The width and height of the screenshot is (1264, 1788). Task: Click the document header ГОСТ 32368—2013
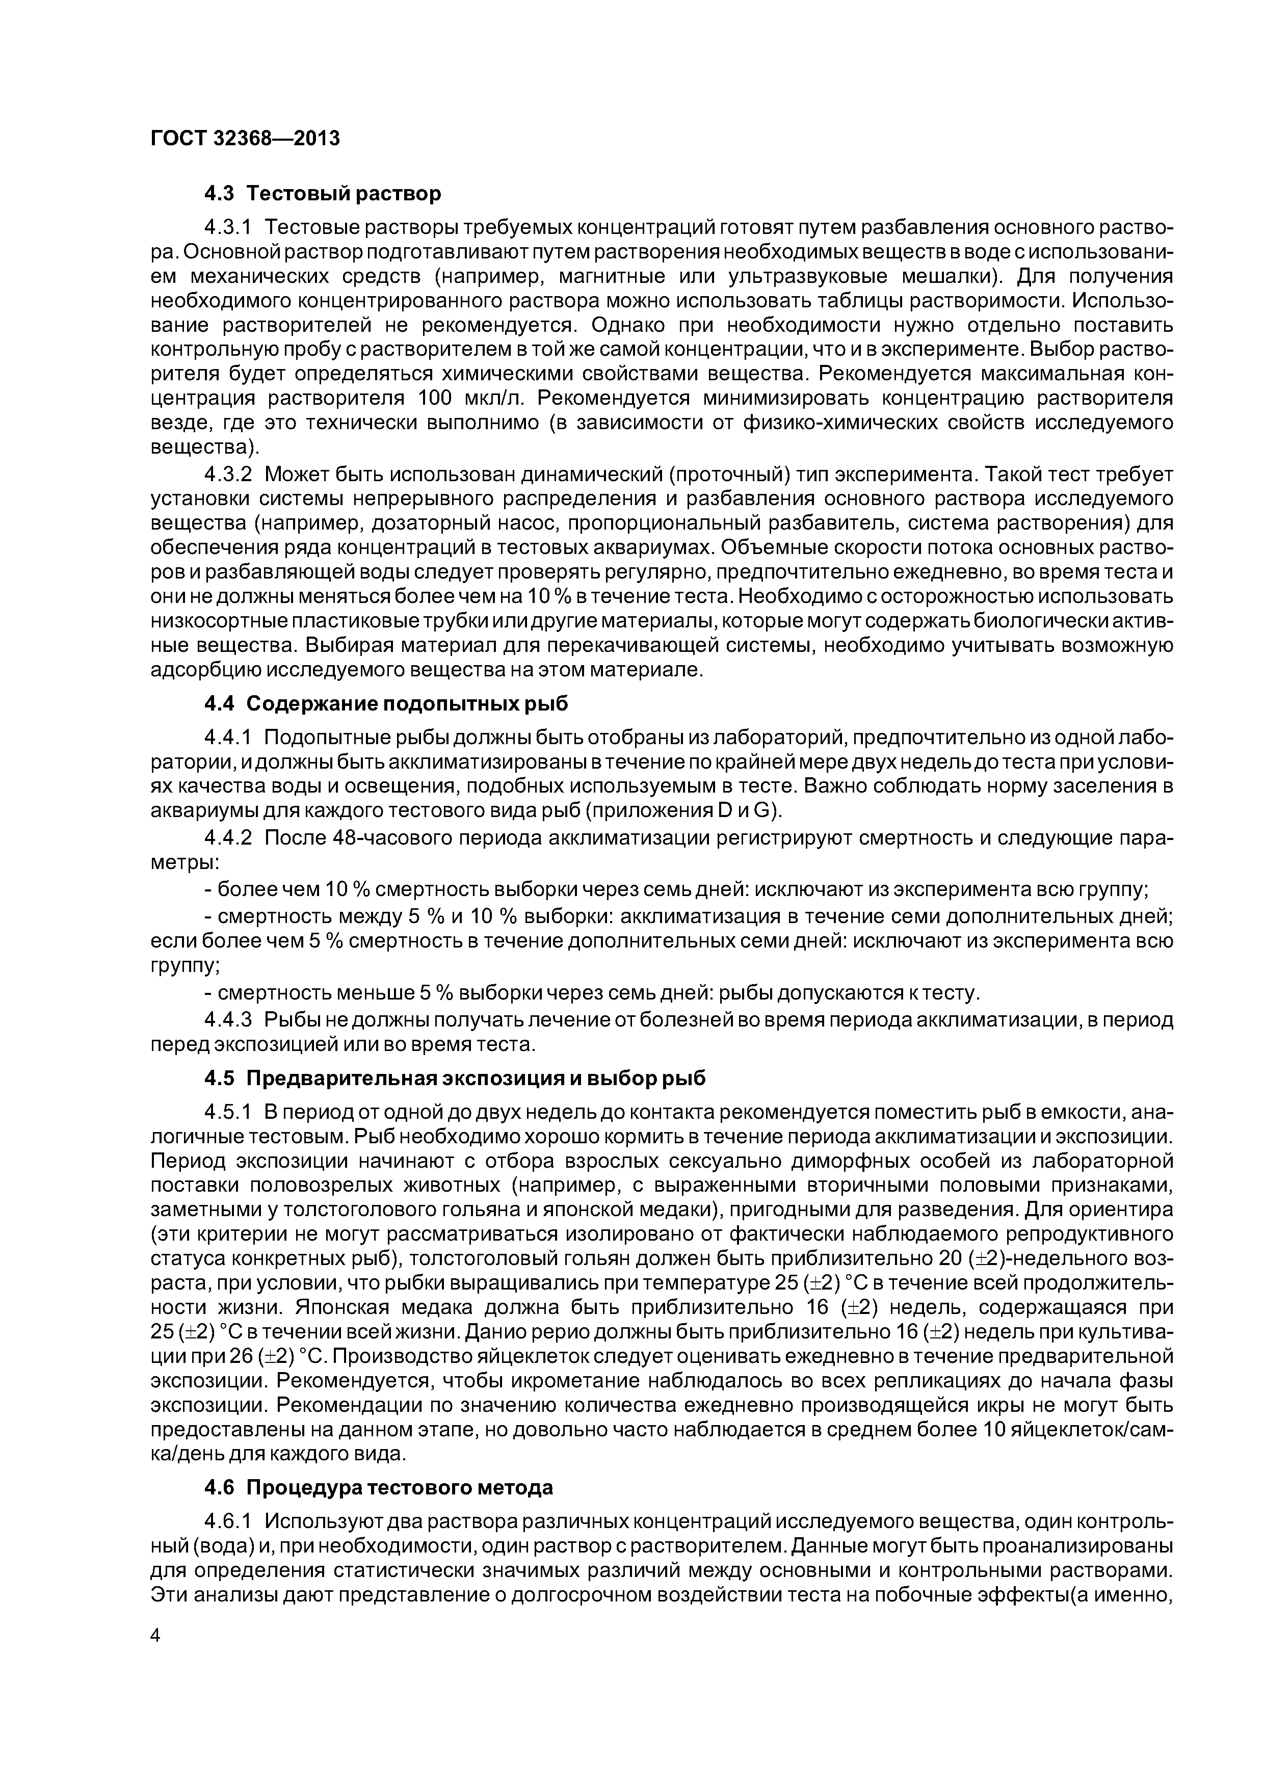[x=245, y=139]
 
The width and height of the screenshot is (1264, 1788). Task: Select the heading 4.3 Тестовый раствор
[x=323, y=193]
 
